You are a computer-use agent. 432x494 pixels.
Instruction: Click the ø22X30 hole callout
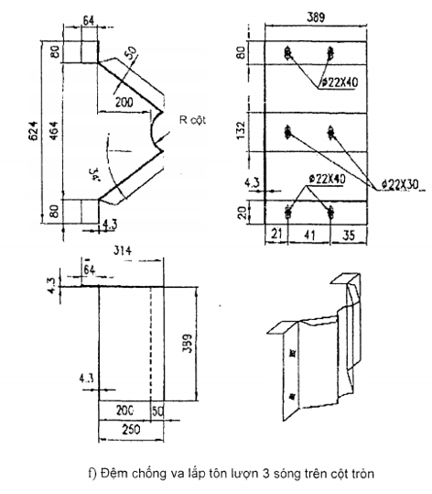401,185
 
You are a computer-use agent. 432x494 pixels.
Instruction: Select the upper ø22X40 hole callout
340,82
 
